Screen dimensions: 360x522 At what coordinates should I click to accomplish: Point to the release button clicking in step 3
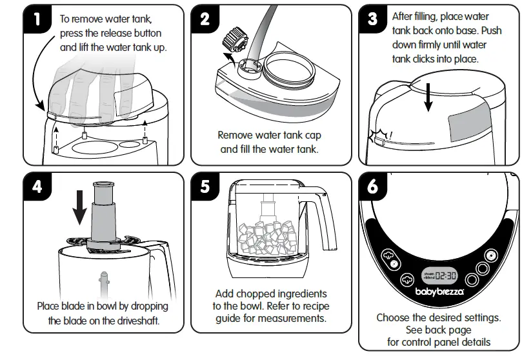[x=379, y=138]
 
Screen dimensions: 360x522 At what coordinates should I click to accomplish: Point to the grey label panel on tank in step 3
[x=476, y=123]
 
